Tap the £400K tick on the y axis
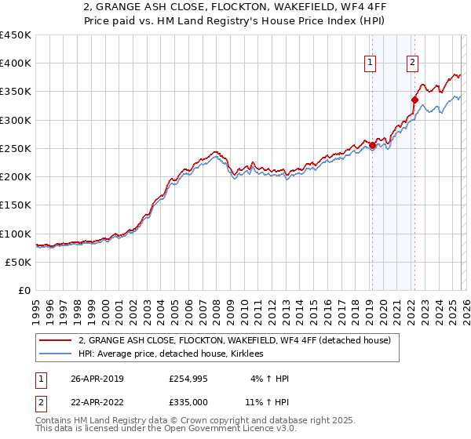(x=16, y=63)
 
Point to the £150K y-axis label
(x=16, y=205)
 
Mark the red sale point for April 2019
(x=372, y=145)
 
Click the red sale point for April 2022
(x=414, y=100)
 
